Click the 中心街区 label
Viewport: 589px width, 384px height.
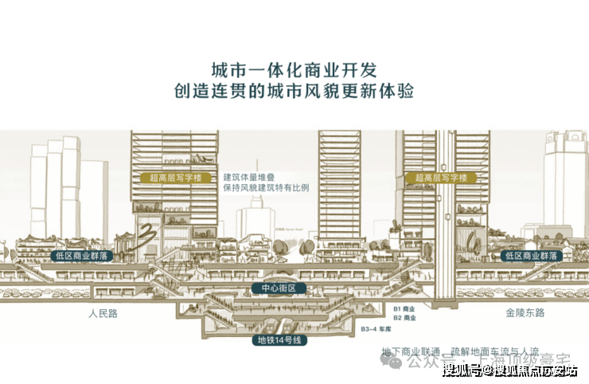(x=273, y=288)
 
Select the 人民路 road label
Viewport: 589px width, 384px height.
(x=103, y=313)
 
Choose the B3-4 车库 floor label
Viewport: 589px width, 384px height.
(x=377, y=328)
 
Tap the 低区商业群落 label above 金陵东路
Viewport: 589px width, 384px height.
(x=529, y=256)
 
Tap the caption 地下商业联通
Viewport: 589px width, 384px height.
(x=410, y=351)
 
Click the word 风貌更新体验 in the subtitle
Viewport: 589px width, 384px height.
(x=361, y=91)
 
